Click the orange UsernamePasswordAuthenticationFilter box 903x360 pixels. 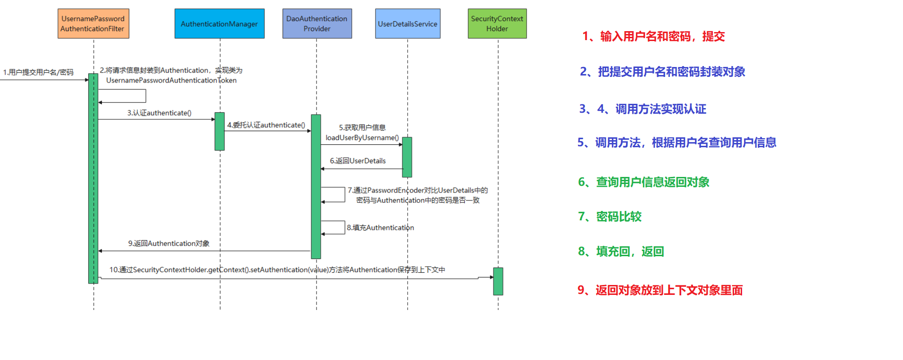93,24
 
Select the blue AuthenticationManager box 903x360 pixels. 219,24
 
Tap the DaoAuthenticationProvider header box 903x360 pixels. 317,24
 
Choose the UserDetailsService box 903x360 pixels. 408,24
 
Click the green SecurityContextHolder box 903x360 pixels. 497,24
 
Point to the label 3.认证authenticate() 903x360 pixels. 159,113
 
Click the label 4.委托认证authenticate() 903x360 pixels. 266,125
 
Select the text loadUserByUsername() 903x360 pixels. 362,138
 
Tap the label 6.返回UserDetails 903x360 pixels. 358,161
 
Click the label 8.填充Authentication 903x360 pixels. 380,228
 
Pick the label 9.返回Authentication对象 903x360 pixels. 169,243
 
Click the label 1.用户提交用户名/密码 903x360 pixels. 38,72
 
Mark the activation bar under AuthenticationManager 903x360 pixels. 219,131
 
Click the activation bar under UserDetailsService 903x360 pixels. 407,157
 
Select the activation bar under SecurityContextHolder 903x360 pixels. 498,281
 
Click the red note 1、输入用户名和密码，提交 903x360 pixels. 653,36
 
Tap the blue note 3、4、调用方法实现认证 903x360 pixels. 643,109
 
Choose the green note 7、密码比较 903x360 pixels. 610,217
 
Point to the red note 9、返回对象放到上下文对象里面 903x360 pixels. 660,290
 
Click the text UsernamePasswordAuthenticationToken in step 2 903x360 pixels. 171,81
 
